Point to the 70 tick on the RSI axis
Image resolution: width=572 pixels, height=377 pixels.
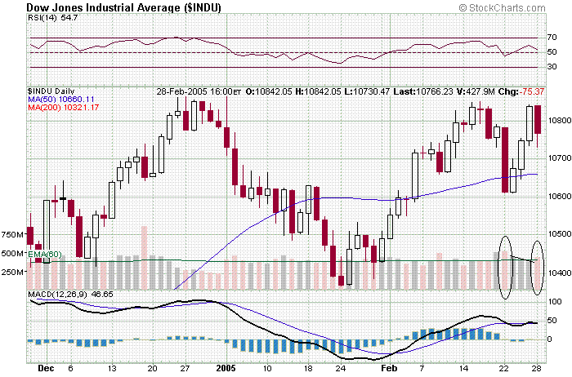pyautogui.click(x=552, y=38)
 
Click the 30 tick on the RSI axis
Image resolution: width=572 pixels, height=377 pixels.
pyautogui.click(x=552, y=68)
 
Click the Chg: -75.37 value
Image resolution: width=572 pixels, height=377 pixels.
pyautogui.click(x=523, y=91)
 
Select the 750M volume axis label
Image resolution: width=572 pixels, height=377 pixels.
pyautogui.click(x=12, y=235)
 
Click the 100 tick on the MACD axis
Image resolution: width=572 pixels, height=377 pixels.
pyautogui.click(x=553, y=302)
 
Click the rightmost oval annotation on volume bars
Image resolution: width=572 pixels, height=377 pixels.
pyautogui.click(x=537, y=267)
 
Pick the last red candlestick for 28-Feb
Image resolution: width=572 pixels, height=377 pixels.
pyautogui.click(x=538, y=119)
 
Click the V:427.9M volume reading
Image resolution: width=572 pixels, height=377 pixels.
pyautogui.click(x=485, y=91)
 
